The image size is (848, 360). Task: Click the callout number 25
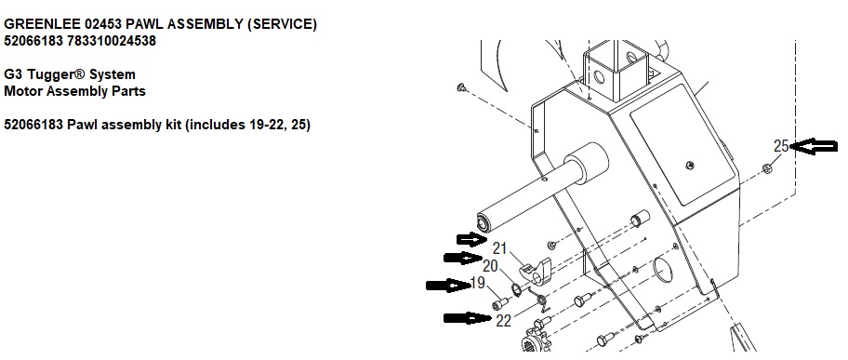click(781, 146)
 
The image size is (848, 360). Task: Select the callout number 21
click(499, 248)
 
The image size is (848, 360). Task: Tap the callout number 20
click(490, 266)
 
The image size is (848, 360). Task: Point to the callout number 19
click(478, 283)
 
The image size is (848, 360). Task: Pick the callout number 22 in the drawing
click(504, 321)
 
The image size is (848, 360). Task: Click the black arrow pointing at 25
click(814, 146)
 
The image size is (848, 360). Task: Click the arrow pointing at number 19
click(448, 285)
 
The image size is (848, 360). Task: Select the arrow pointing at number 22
click(468, 318)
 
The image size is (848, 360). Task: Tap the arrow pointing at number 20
click(463, 259)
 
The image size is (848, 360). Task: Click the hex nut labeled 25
click(767, 169)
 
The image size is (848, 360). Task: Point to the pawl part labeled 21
click(537, 270)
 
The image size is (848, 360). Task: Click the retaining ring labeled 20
click(516, 289)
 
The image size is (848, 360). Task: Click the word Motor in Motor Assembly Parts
click(23, 91)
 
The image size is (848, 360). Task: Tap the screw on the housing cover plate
click(690, 165)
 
